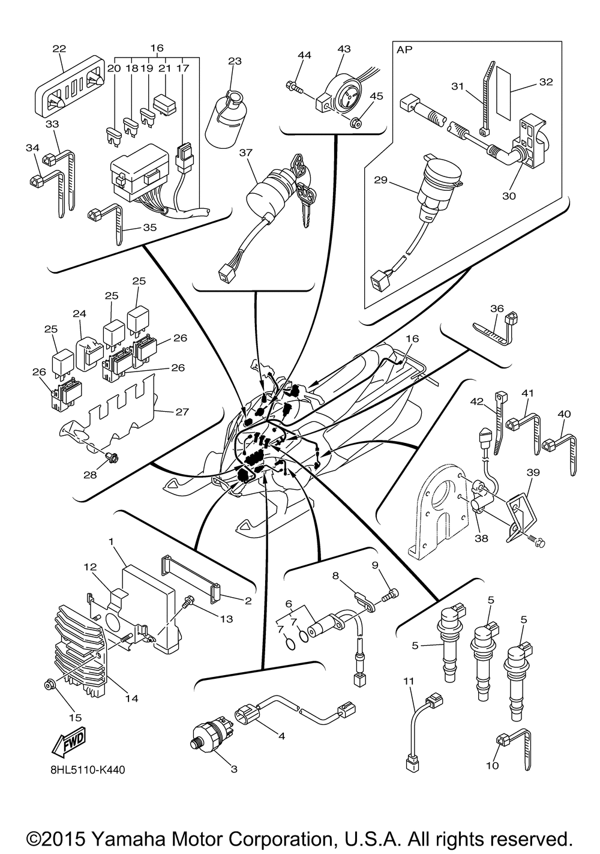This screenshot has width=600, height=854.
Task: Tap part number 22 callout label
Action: pos(59,49)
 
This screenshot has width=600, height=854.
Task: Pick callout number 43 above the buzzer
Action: pos(344,49)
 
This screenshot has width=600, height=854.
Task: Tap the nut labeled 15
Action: pos(49,685)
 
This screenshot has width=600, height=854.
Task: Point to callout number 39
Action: pos(533,474)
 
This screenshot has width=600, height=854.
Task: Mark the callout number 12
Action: pos(90,567)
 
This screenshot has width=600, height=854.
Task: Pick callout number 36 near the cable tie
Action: pos(496,308)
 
